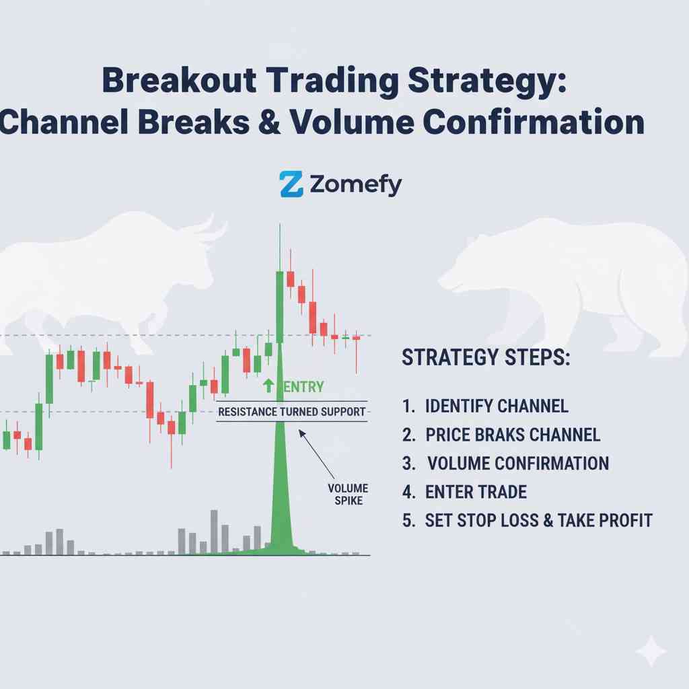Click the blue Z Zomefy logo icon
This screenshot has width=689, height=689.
(291, 184)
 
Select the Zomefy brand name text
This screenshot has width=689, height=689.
(356, 184)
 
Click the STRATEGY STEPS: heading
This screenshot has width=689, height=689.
(485, 358)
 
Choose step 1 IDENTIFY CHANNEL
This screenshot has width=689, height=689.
(497, 406)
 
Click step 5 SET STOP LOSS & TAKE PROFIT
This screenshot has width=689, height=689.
(538, 520)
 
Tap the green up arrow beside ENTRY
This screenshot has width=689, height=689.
(268, 386)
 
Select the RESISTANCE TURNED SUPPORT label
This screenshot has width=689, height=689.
(292, 411)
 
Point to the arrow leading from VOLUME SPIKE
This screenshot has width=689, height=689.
(316, 454)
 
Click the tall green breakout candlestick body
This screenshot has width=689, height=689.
(279, 306)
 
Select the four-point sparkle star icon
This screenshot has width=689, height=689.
(651, 651)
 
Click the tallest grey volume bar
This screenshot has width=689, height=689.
(214, 531)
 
